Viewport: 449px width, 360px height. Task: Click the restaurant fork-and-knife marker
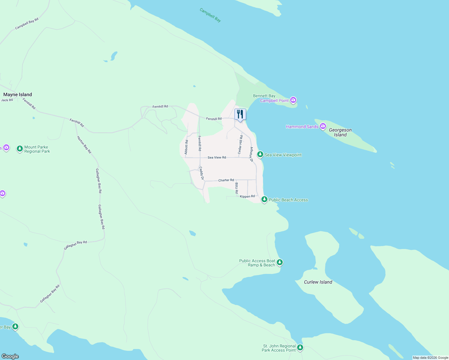(240, 114)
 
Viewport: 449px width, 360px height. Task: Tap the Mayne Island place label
(17, 94)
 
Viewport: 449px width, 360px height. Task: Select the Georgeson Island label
(340, 132)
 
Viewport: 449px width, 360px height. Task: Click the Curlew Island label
(318, 282)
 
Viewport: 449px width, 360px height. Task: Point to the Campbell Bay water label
(210, 15)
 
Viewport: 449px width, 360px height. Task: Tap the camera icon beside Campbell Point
(293, 100)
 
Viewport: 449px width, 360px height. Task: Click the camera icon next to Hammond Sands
(323, 126)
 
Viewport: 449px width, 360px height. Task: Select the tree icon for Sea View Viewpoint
(260, 155)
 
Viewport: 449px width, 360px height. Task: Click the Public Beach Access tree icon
(264, 199)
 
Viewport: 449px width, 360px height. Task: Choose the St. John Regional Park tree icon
(300, 348)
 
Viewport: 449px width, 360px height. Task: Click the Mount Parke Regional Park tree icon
(20, 149)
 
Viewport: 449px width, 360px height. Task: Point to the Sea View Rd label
(217, 157)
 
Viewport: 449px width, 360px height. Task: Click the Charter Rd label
(226, 180)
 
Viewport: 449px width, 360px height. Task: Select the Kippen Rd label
(247, 196)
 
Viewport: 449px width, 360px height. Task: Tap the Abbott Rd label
(186, 147)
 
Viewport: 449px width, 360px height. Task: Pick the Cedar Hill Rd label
(240, 145)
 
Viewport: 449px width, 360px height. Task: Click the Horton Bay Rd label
(84, 145)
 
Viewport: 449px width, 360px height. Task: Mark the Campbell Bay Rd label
(27, 24)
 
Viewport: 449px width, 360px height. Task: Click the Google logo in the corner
(10, 356)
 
